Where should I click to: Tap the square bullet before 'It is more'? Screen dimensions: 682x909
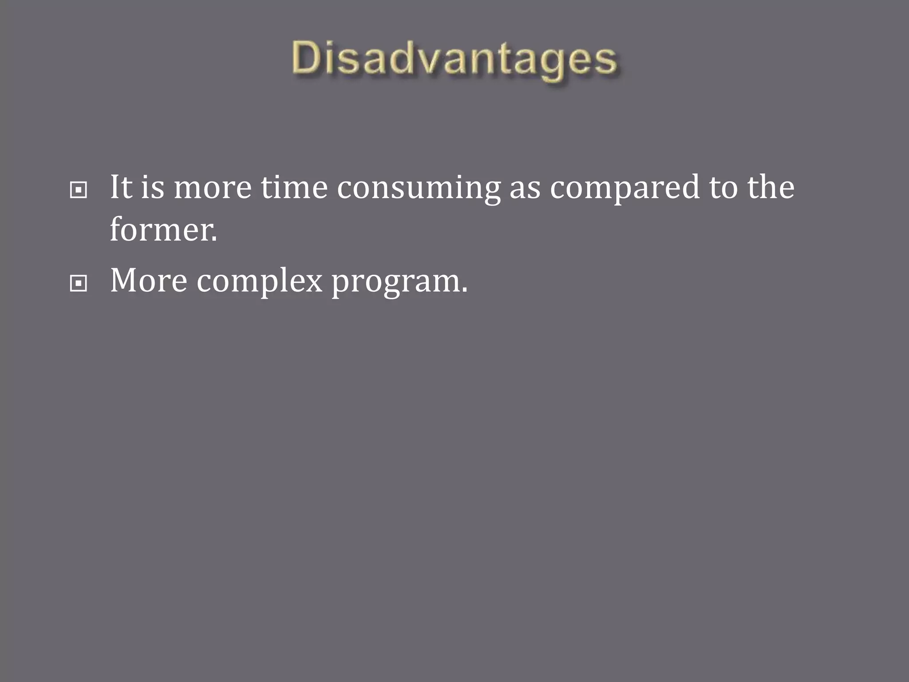[x=79, y=190]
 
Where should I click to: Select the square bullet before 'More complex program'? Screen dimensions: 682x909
[x=79, y=283]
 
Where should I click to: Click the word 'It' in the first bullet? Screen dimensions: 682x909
[x=121, y=187]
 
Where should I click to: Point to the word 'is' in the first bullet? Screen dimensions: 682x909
[x=153, y=187]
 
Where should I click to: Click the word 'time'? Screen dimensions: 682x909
[x=294, y=187]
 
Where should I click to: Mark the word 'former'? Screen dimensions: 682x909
[x=161, y=230]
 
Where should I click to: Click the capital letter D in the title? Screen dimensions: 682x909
[x=307, y=58]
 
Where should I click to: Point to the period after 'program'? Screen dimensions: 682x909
[x=464, y=291]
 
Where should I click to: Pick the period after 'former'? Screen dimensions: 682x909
[x=215, y=239]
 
